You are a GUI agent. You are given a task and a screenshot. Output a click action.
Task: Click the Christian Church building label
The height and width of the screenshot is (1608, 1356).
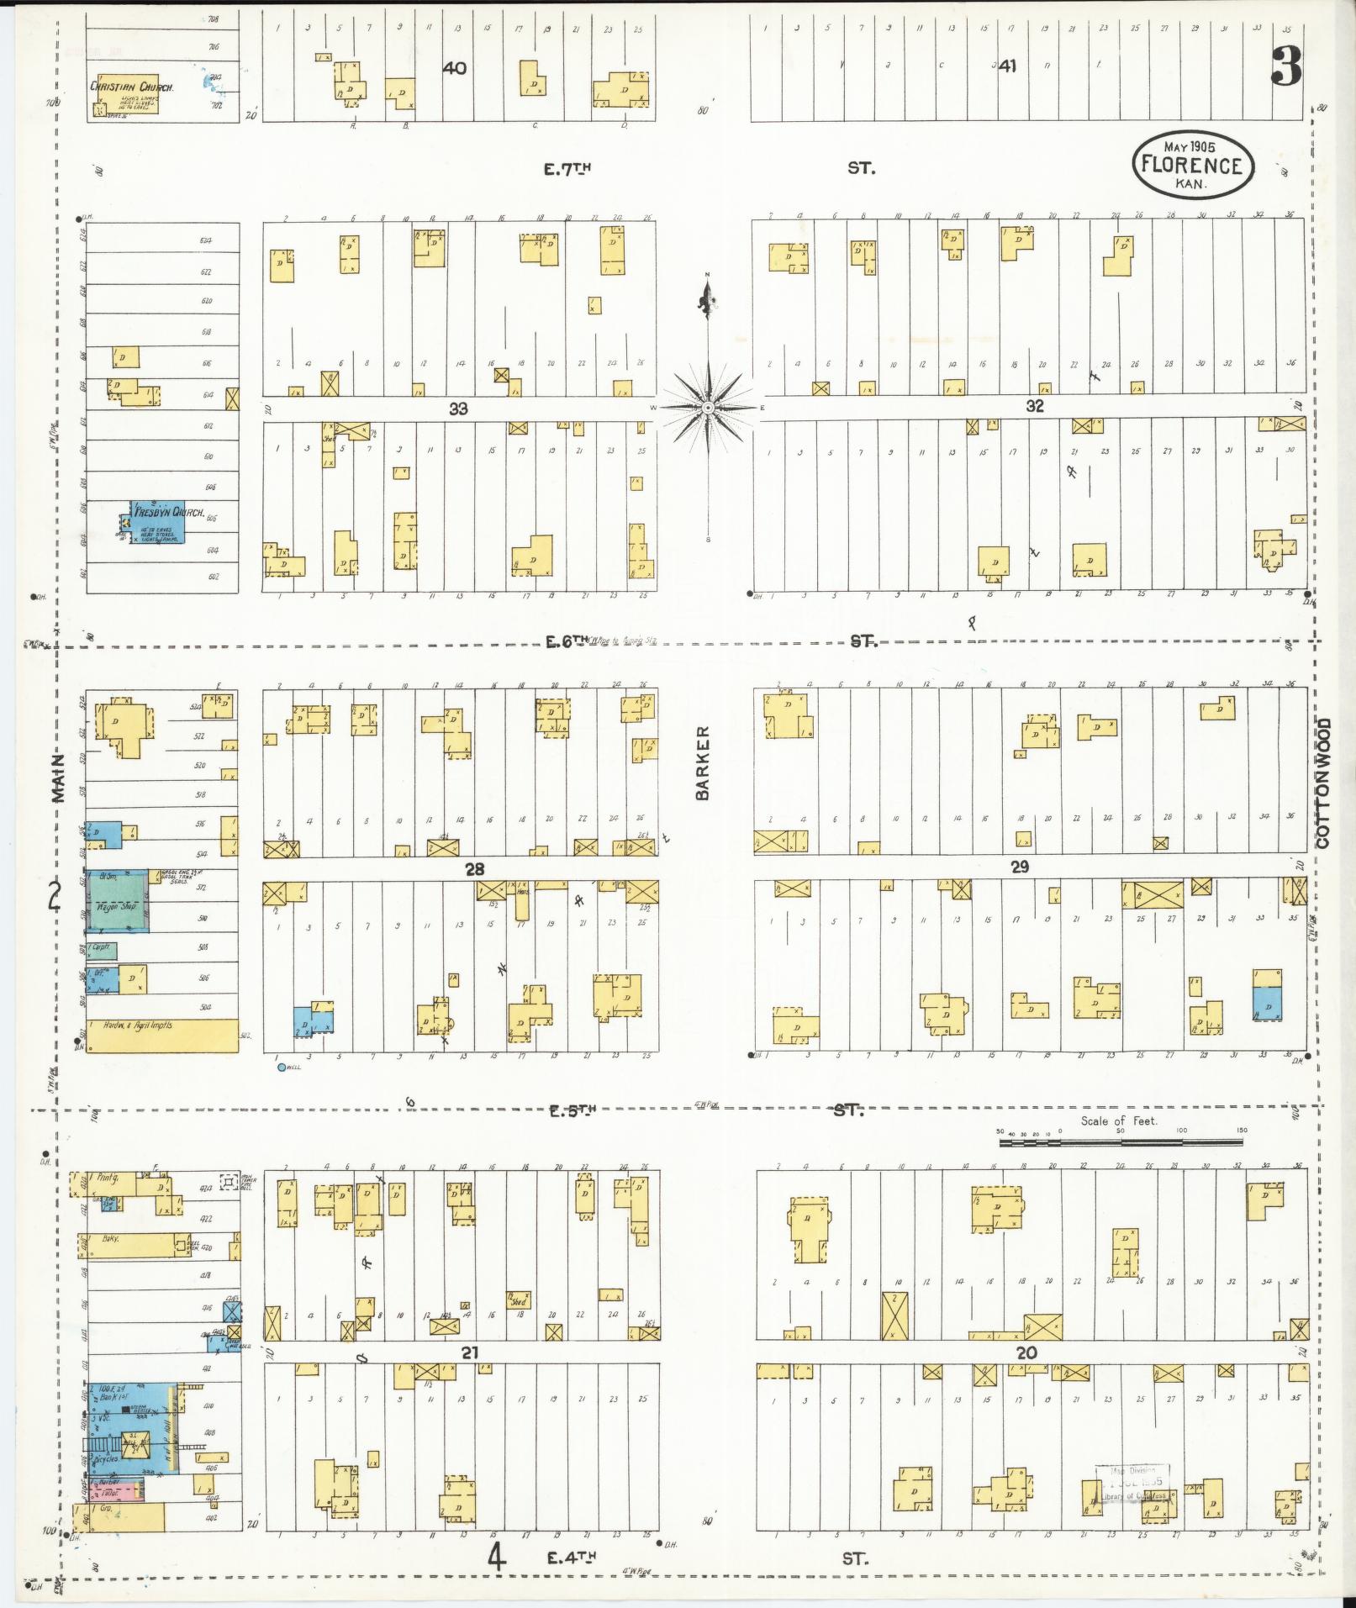[132, 87]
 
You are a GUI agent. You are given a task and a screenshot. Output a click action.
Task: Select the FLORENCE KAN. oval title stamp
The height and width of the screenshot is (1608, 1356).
[1192, 166]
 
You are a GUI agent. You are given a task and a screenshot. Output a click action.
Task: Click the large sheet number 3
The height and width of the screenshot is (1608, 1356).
[1286, 66]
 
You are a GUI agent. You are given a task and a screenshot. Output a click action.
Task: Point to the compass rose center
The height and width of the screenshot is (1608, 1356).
[708, 408]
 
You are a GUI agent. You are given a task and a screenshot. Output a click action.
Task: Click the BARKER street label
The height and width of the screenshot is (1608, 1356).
[703, 762]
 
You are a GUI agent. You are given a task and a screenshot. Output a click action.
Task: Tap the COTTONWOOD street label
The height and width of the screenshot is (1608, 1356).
[1324, 782]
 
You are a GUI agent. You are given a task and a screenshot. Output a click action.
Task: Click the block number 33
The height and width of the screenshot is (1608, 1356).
[458, 409]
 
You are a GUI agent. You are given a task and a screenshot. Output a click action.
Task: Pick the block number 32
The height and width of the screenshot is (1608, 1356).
[1034, 406]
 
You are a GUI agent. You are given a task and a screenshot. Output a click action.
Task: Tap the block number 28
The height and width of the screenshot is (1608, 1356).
[475, 869]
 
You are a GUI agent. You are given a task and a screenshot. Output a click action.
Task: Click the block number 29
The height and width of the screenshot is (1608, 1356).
[1020, 867]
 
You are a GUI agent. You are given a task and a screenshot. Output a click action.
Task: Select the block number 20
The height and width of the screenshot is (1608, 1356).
[1026, 1352]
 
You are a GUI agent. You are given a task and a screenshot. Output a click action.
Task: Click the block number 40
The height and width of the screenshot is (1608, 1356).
[454, 68]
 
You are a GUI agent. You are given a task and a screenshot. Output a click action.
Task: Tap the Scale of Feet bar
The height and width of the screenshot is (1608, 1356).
[1121, 1143]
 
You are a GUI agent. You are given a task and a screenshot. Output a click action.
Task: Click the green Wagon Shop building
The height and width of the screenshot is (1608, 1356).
[119, 902]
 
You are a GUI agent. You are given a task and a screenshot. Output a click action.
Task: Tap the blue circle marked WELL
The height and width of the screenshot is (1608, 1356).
[282, 1068]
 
